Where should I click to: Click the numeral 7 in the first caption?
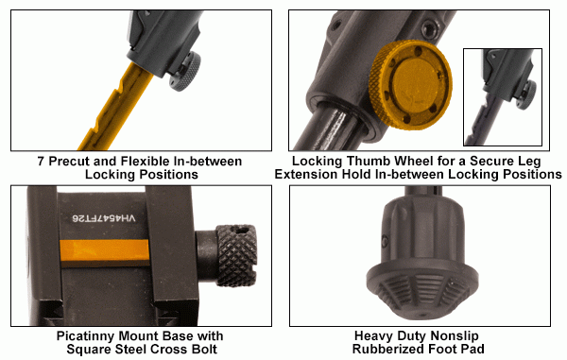42,162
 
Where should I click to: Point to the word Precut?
72,162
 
